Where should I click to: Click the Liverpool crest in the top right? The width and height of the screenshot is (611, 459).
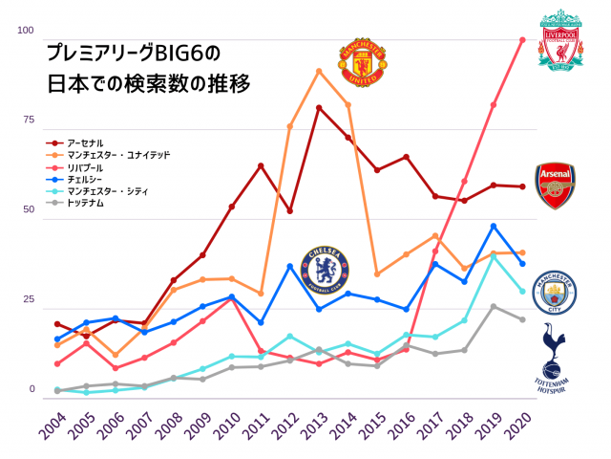pyautogui.click(x=560, y=39)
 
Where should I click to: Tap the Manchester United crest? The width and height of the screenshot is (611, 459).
pyautogui.click(x=363, y=62)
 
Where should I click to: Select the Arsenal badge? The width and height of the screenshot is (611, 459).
pyautogui.click(x=556, y=186)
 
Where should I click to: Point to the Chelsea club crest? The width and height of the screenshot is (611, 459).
pyautogui.click(x=325, y=270)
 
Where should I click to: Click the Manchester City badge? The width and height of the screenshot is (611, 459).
pyautogui.click(x=555, y=293)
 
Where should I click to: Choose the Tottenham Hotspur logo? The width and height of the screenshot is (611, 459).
pyautogui.click(x=552, y=358)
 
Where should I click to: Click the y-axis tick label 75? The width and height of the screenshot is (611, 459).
pyautogui.click(x=29, y=120)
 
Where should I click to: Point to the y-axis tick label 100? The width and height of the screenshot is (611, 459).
pyautogui.click(x=26, y=30)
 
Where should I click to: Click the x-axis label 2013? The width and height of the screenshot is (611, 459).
pyautogui.click(x=315, y=426)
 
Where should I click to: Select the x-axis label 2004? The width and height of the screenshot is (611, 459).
pyautogui.click(x=53, y=426)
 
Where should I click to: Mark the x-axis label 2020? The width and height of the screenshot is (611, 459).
pyautogui.click(x=518, y=426)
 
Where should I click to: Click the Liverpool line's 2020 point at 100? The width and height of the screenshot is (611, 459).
pyautogui.click(x=523, y=40)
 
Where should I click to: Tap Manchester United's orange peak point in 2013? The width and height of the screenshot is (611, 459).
pyautogui.click(x=319, y=72)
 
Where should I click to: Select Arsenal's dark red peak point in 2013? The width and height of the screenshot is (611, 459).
pyautogui.click(x=319, y=108)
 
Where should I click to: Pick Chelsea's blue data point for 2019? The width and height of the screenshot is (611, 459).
pyautogui.click(x=494, y=227)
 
